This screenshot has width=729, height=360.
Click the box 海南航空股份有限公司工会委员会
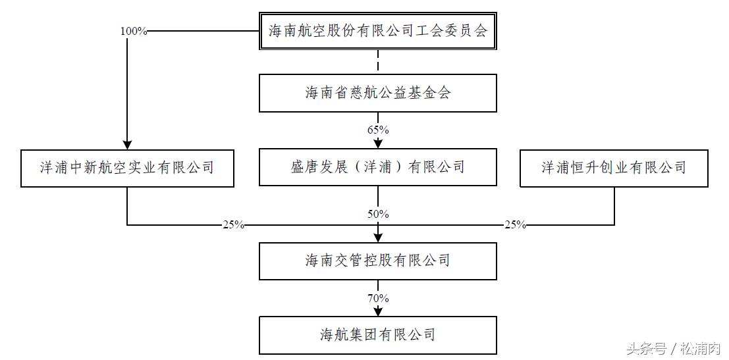tap(377, 30)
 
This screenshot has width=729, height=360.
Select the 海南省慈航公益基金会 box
tap(377, 93)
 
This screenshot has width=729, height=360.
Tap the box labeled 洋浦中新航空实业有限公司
tap(127, 168)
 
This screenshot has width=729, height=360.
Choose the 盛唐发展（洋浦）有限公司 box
tap(377, 167)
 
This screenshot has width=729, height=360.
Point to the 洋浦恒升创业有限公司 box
tap(614, 168)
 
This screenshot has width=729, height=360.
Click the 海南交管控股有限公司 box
tap(377, 261)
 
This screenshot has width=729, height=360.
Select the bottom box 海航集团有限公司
tap(377, 335)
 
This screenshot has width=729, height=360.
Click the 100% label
tap(134, 31)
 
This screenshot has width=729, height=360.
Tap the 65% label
tap(378, 130)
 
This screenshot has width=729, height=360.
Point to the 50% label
tap(378, 214)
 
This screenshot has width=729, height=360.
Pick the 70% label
tap(378, 298)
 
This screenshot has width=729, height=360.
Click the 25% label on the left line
tap(233, 225)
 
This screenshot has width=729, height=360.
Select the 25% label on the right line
tap(515, 225)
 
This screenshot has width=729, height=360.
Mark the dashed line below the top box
tap(378, 62)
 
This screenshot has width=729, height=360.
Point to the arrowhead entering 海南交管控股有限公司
tap(378, 237)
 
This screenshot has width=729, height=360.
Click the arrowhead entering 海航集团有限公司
tap(378, 311)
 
